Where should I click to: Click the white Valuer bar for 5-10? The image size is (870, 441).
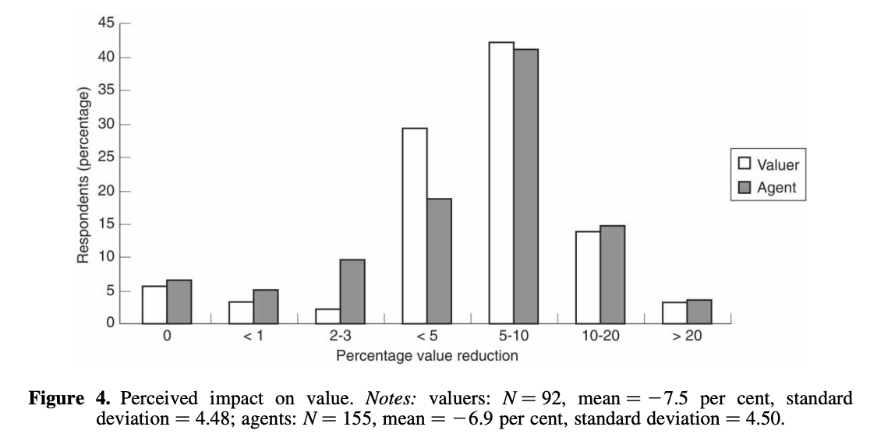click(x=500, y=183)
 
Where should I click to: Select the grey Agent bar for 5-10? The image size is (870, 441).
click(x=525, y=187)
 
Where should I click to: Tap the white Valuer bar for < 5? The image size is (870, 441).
click(x=414, y=226)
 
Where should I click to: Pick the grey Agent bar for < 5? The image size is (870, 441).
click(x=439, y=261)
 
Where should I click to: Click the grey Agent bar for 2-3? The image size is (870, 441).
click(x=352, y=291)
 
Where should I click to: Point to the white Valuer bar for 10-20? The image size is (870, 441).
click(x=587, y=277)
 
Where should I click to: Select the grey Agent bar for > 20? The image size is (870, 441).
click(x=698, y=312)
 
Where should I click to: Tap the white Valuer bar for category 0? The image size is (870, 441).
click(x=154, y=305)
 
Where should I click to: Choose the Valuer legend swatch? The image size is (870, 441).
click(x=744, y=164)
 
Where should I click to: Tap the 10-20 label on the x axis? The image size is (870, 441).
click(x=599, y=340)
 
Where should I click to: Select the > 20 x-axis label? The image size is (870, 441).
click(x=686, y=340)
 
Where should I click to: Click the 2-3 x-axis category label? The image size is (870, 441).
click(x=340, y=340)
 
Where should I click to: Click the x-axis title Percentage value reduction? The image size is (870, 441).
click(x=426, y=356)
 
